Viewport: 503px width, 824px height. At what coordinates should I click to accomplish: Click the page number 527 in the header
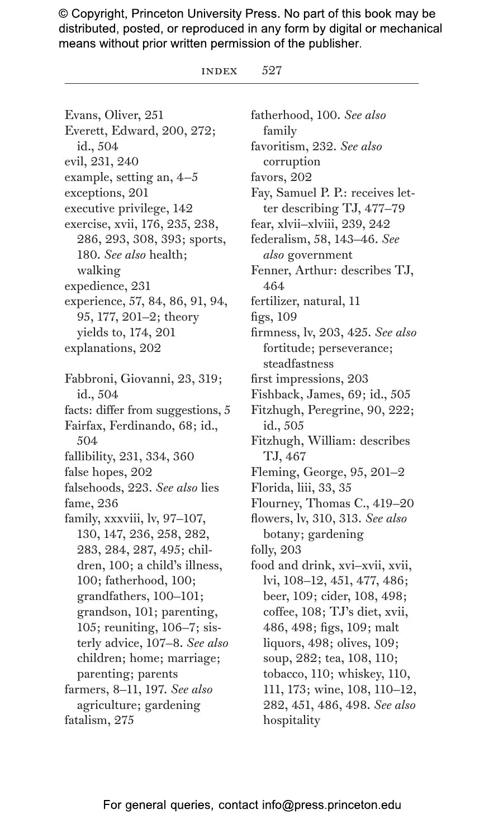pyautogui.click(x=272, y=70)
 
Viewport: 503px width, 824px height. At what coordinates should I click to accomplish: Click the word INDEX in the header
pyautogui.click(x=219, y=71)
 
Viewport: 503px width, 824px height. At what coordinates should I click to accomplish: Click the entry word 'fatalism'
pyautogui.click(x=87, y=720)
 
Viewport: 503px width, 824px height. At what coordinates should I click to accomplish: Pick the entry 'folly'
pyautogui.click(x=264, y=550)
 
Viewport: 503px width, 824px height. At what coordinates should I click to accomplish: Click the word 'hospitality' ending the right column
pyautogui.click(x=292, y=720)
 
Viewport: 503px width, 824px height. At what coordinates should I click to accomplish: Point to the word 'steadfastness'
pyautogui.click(x=298, y=364)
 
